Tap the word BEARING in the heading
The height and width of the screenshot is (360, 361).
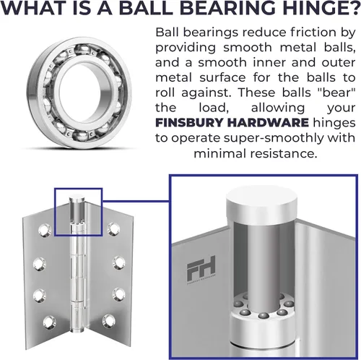click(230, 8)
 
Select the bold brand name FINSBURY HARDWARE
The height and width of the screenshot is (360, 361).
click(232, 123)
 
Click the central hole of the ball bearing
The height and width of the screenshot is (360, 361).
click(79, 93)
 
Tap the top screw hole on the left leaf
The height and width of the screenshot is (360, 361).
click(45, 230)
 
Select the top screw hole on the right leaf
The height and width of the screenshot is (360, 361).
click(113, 229)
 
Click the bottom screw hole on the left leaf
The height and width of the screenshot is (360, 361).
click(49, 322)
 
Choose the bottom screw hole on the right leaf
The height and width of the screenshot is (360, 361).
click(108, 321)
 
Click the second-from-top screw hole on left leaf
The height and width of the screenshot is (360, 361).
click(40, 264)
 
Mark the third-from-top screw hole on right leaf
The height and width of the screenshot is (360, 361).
click(119, 293)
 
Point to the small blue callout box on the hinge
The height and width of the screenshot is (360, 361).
click(55, 212)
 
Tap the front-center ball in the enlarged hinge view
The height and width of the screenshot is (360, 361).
click(264, 316)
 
